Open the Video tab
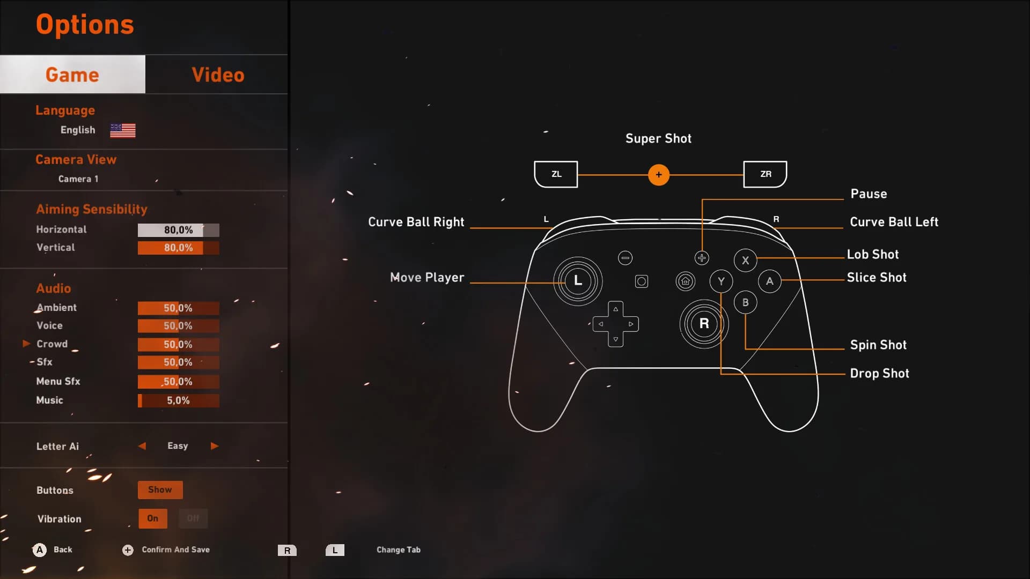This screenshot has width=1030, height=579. tap(218, 75)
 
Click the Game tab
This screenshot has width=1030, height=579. tap(72, 75)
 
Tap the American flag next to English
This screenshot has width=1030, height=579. tap(123, 130)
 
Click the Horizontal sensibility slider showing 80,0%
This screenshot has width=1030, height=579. tap(178, 230)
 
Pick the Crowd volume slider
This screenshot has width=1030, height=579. tap(178, 344)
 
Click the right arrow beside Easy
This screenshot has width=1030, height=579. tap(215, 446)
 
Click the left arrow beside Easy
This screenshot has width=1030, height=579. tap(142, 446)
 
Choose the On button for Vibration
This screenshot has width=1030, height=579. tap(153, 518)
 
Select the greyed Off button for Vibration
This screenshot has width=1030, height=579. tap(193, 518)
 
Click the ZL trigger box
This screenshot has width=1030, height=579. tap(556, 174)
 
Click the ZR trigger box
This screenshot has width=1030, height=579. tap(766, 174)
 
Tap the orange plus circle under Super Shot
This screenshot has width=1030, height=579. tap(659, 175)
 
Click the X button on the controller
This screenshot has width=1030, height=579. tap(745, 261)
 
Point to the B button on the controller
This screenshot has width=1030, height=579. tap(745, 302)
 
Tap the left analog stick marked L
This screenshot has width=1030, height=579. tap(578, 281)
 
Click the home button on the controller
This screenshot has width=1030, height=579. tap(685, 281)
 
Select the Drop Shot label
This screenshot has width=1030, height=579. tap(879, 373)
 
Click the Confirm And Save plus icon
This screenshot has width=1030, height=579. tap(128, 550)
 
